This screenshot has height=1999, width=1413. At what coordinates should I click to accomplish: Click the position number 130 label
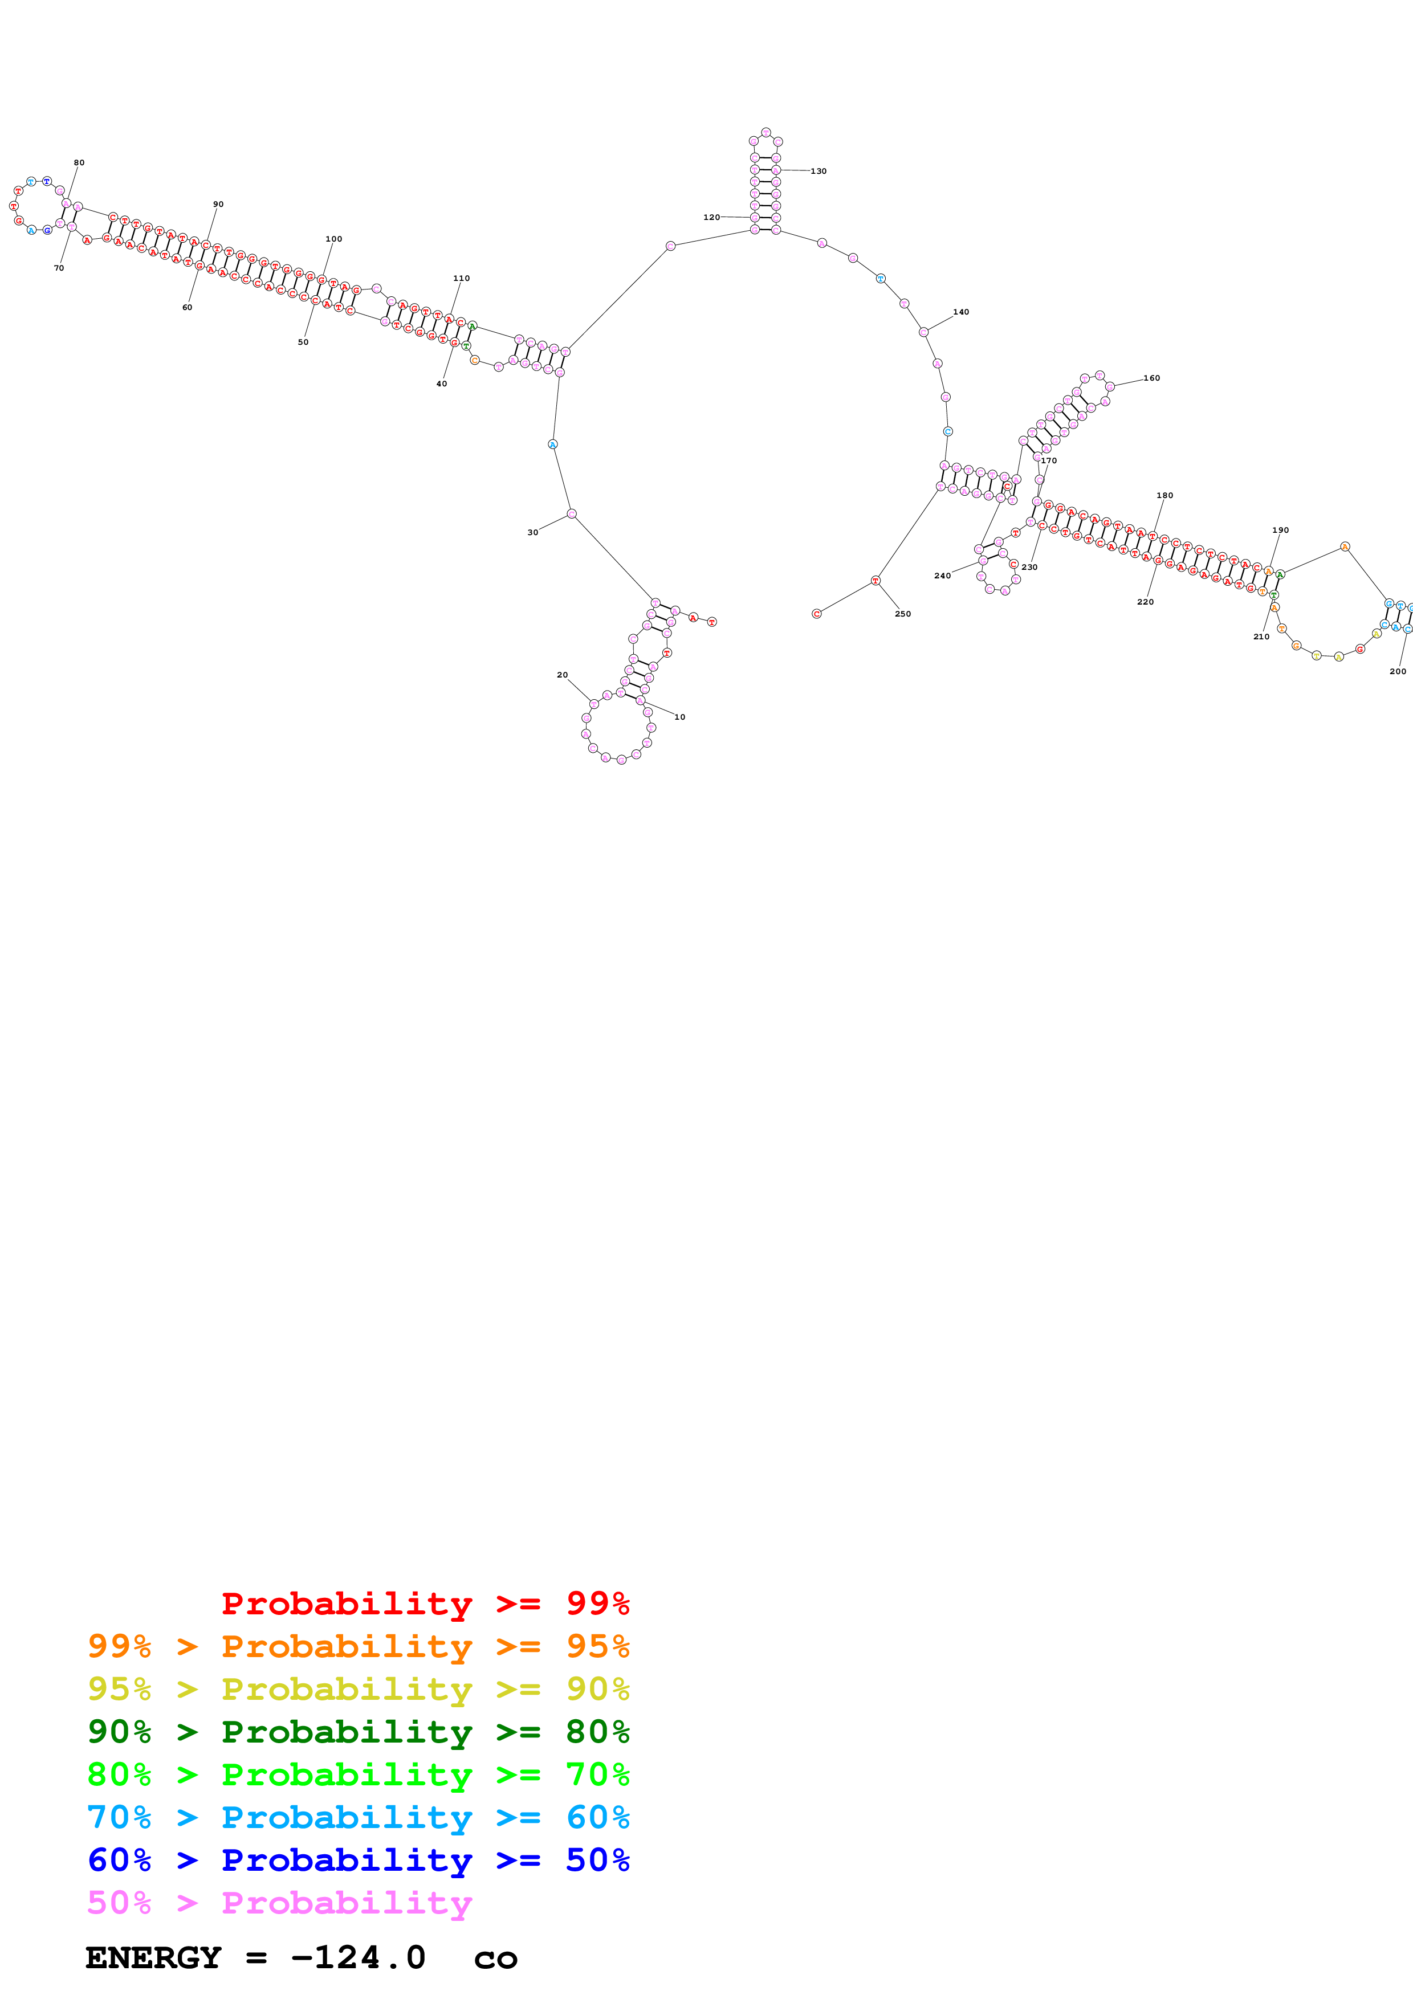819,172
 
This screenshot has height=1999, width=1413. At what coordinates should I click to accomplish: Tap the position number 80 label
79,163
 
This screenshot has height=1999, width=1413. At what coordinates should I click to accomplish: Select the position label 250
903,614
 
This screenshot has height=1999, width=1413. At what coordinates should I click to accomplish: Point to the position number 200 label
1398,671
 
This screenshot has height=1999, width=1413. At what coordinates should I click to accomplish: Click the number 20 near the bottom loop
563,675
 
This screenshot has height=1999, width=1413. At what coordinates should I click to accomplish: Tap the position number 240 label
942,576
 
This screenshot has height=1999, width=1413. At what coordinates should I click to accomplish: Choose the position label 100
333,239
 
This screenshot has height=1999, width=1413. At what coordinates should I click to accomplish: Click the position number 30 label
533,532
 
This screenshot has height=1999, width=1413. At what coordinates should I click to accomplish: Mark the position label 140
960,312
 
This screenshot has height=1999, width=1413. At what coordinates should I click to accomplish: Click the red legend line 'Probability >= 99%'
425,1603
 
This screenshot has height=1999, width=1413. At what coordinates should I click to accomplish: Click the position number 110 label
462,279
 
